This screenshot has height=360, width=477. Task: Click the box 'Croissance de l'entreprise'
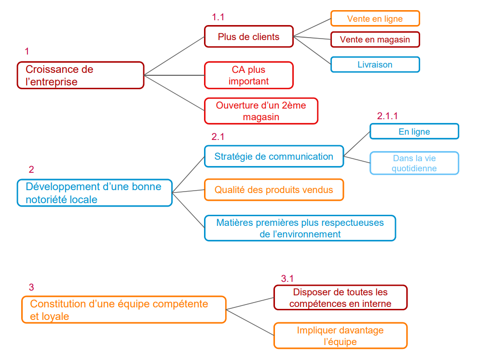click(81, 75)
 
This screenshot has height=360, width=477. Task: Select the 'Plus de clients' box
click(248, 37)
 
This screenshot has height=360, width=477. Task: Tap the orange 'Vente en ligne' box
click(375, 19)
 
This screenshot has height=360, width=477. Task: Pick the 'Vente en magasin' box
click(375, 40)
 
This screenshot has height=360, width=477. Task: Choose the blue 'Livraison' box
click(375, 65)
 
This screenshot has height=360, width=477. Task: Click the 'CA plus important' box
click(248, 75)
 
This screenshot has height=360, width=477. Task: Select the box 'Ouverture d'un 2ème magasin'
click(261, 111)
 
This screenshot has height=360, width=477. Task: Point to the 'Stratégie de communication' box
click(273, 156)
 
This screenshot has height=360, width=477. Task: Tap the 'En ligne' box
click(414, 132)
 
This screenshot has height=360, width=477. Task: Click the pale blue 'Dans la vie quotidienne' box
click(414, 163)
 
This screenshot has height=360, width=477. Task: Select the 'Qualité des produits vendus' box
click(273, 190)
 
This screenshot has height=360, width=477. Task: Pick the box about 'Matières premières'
click(300, 228)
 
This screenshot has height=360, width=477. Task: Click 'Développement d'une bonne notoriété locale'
click(95, 193)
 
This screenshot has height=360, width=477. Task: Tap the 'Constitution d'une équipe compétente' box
click(123, 310)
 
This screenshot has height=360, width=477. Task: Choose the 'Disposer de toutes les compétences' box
click(340, 298)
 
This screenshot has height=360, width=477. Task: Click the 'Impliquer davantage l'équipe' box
click(340, 336)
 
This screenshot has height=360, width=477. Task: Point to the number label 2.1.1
click(387, 116)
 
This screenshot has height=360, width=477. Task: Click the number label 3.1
click(287, 278)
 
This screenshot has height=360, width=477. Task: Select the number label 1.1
click(218, 17)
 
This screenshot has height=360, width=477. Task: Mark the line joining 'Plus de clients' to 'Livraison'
click(313, 48)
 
